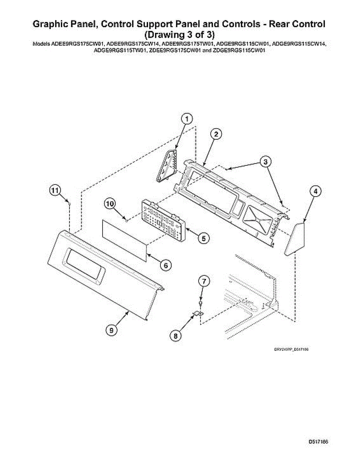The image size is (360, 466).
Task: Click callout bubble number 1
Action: point(187,119)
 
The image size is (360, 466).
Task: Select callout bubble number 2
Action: point(216,134)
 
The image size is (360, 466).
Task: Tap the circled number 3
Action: point(265,162)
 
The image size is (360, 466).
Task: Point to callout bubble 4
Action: point(316,191)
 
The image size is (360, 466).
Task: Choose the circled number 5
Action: point(204,238)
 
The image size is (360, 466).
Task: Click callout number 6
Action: point(165,265)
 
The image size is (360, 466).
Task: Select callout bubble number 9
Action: point(111,330)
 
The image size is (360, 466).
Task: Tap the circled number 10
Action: point(110,203)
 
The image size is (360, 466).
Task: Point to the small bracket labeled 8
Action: point(198,313)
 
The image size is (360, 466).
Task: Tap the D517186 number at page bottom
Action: point(318,442)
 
